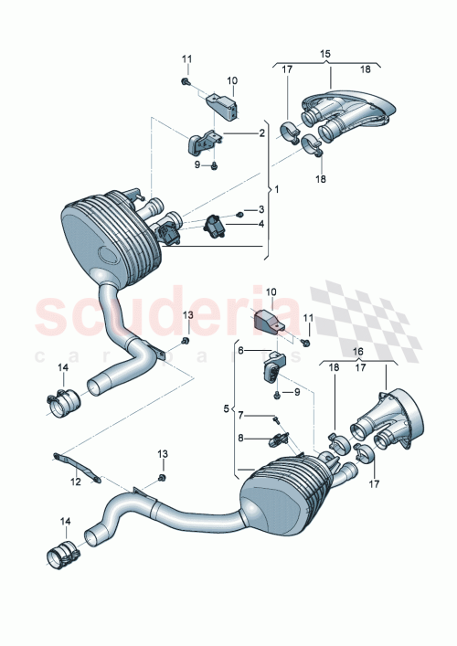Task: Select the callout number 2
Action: click(x=261, y=133)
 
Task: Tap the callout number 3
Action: click(x=260, y=211)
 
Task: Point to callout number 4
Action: click(x=260, y=224)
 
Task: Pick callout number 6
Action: click(x=241, y=350)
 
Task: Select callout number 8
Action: click(x=241, y=438)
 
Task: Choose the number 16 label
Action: click(x=357, y=350)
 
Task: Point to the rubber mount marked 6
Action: click(x=272, y=372)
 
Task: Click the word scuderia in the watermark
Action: click(x=165, y=315)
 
